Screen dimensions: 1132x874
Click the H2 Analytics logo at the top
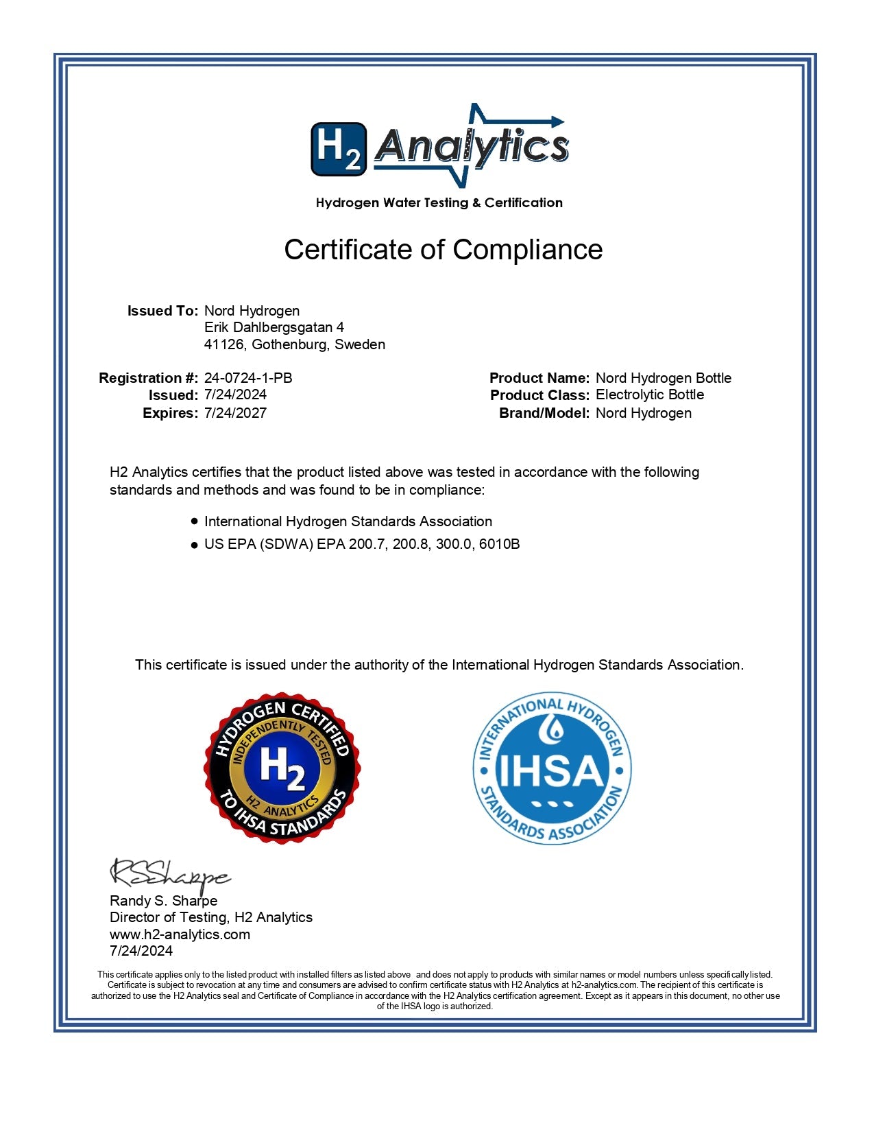439,146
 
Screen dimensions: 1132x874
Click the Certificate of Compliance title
443,250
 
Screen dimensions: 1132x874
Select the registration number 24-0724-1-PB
248,378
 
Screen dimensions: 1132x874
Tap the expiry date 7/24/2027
235,413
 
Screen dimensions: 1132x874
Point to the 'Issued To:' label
162,311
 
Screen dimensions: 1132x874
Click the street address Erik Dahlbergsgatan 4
274,327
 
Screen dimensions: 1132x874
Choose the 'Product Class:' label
539,395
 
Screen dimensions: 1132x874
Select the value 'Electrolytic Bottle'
650,394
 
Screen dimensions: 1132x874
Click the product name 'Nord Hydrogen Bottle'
663,378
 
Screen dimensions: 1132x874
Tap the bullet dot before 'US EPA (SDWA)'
195,545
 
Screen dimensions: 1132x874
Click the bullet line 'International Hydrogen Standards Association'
348,521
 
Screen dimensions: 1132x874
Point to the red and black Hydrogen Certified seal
282,768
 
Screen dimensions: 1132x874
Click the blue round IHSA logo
552,768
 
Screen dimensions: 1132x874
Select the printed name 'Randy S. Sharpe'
164,901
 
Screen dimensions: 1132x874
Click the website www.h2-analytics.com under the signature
180,934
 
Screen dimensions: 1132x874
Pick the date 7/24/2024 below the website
141,951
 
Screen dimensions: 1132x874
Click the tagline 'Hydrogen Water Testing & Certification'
439,203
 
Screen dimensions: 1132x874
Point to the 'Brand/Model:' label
544,413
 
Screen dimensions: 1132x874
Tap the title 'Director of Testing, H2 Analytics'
211,917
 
